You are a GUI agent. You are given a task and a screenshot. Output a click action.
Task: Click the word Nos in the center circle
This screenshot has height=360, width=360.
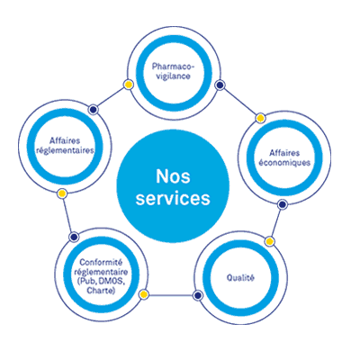pos(173,176)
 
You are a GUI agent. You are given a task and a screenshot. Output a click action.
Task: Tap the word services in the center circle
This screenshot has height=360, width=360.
pos(173,198)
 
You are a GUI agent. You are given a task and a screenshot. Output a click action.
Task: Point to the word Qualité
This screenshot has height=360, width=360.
pos(240,278)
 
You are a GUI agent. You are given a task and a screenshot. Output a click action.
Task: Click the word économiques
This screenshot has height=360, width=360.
pos(284,163)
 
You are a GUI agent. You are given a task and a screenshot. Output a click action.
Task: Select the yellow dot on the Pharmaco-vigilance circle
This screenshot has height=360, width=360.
pos(129,85)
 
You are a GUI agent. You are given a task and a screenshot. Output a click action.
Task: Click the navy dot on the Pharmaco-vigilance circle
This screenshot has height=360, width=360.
pos(220,85)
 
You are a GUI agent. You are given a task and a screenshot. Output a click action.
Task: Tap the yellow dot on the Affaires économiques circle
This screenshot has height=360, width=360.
pos(260,118)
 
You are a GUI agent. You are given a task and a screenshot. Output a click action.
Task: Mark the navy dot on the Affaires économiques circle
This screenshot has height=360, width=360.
pos(282,204)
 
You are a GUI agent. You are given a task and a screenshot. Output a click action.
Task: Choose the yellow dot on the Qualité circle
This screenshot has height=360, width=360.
pos(269,241)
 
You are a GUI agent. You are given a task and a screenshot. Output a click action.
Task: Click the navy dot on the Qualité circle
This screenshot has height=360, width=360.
pos(197,295)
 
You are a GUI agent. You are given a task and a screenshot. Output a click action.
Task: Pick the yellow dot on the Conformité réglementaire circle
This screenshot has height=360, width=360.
pos(144,294)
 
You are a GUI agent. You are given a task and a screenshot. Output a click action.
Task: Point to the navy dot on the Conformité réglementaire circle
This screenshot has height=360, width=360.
pos(74,237)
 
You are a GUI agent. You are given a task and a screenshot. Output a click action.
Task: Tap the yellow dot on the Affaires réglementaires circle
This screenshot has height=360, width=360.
pos(62,193)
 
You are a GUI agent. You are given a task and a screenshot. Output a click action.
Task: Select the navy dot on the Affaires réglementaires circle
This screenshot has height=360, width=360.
pos(94,110)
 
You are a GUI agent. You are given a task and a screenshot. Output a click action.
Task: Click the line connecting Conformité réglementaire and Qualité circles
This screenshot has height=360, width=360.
pos(170,295)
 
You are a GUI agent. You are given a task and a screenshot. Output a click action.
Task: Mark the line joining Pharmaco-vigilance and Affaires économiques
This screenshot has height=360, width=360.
pos(240,102)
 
